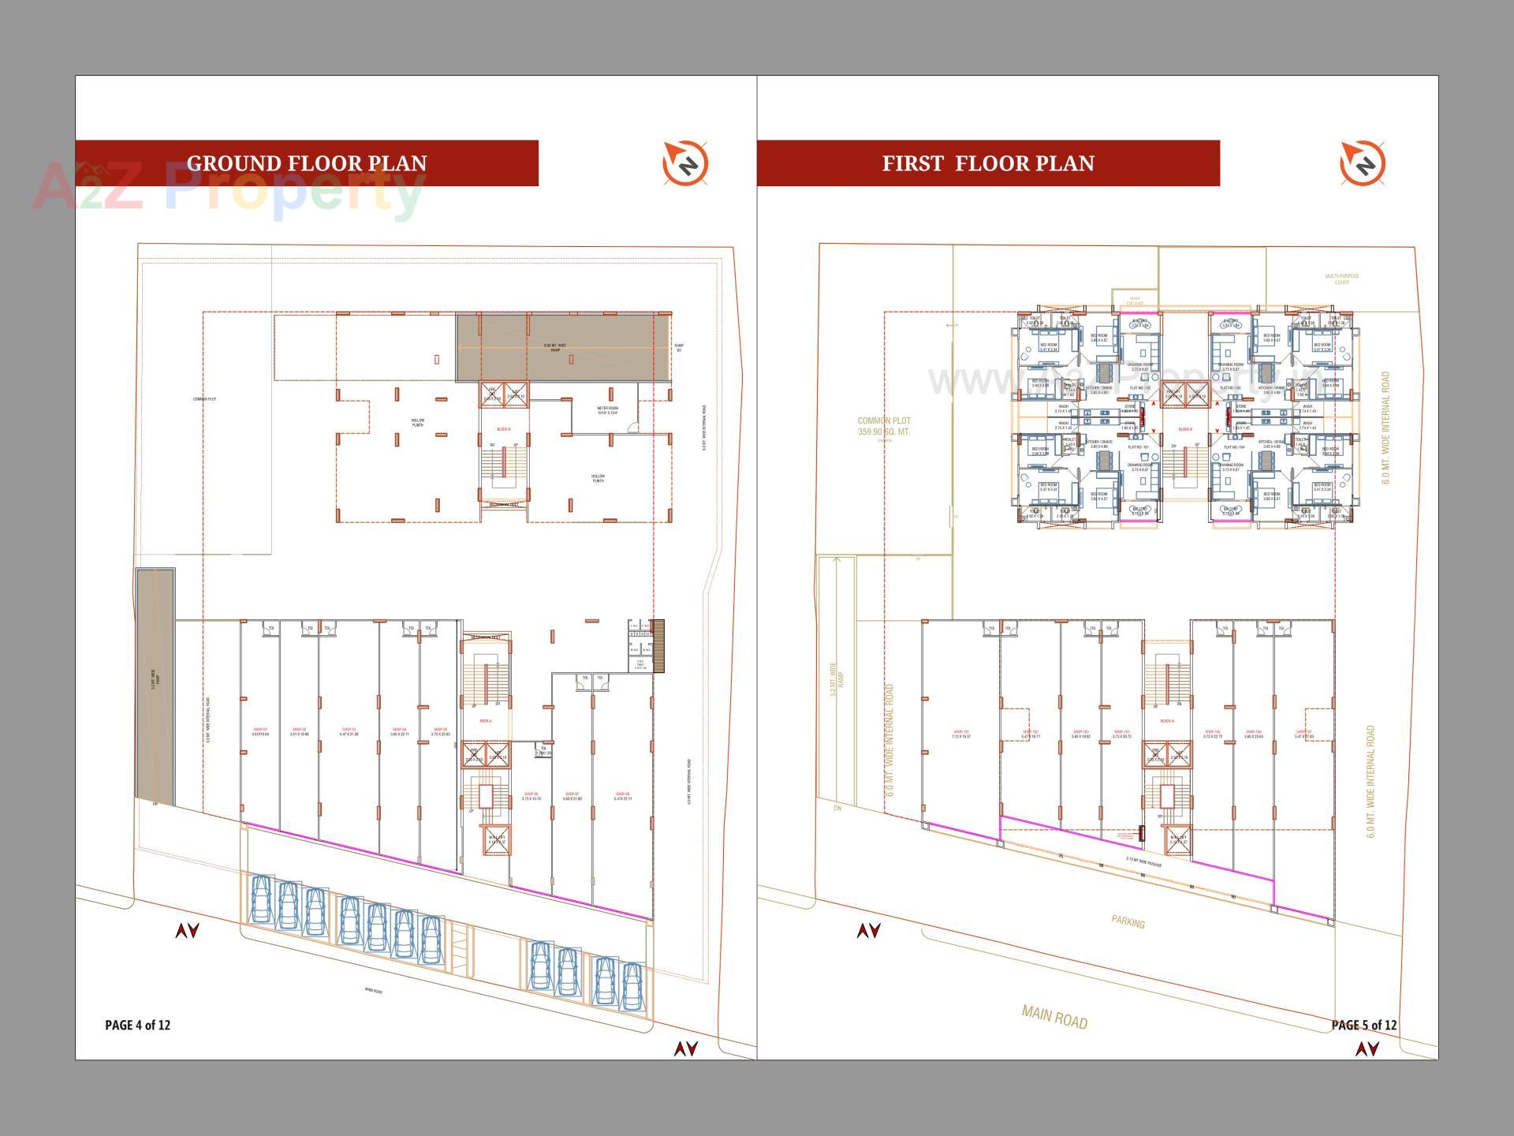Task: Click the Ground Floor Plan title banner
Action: (307, 163)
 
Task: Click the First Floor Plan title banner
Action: (988, 163)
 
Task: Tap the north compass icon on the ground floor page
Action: (685, 164)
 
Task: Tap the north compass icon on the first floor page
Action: (1363, 164)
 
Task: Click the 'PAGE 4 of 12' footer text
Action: (138, 1025)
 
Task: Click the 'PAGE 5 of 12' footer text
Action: (1364, 1025)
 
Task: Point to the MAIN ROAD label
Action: (1054, 1017)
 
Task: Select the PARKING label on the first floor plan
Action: (1128, 921)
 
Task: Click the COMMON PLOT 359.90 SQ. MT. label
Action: (884, 426)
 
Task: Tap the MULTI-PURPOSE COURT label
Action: (1342, 279)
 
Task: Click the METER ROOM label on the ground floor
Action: (607, 410)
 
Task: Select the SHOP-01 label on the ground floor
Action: (260, 731)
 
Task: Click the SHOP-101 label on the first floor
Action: (961, 734)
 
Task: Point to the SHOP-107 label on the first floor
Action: (1304, 734)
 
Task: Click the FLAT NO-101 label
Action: (1138, 447)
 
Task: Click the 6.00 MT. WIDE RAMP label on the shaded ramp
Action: (555, 347)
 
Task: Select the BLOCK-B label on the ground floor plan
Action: (503, 429)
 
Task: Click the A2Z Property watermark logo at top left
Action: (229, 189)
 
